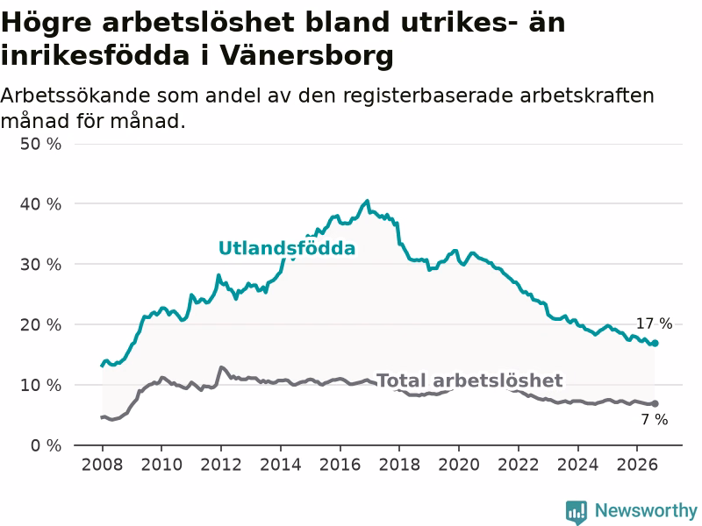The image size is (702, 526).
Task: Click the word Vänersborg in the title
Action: (x=306, y=56)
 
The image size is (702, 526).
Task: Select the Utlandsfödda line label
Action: (x=287, y=248)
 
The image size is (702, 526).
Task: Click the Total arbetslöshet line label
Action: (x=469, y=380)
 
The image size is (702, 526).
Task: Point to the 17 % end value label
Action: (x=654, y=323)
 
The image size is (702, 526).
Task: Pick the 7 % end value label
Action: (x=655, y=420)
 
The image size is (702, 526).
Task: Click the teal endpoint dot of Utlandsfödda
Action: (x=655, y=343)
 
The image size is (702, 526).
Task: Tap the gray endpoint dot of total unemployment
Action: (x=655, y=404)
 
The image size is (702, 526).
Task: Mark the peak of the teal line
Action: (x=368, y=201)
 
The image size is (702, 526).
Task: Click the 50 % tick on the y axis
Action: (x=40, y=144)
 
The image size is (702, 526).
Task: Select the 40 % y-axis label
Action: (x=40, y=204)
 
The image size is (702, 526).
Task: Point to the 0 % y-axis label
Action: (x=47, y=445)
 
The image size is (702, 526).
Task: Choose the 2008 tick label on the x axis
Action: (x=102, y=465)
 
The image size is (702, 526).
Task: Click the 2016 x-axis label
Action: (x=340, y=465)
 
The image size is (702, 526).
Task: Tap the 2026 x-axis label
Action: (x=637, y=465)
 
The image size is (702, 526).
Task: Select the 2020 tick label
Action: (x=459, y=465)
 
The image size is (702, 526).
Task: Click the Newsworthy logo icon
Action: (x=577, y=511)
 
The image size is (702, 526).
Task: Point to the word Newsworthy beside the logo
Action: (x=646, y=510)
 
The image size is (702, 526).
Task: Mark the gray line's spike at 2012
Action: (x=221, y=367)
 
